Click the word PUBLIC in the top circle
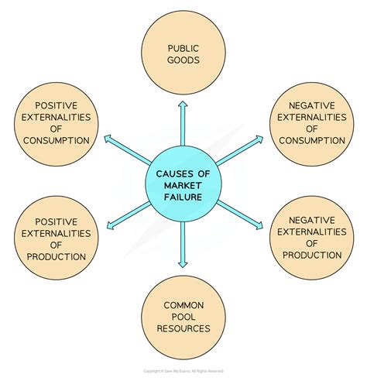(x=183, y=49)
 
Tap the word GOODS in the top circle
(x=183, y=60)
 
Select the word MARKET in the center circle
(x=183, y=185)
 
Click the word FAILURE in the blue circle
(x=183, y=197)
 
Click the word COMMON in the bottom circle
(x=183, y=305)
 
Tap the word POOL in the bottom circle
(x=183, y=317)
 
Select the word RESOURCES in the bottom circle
(x=183, y=328)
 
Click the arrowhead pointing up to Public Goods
(x=183, y=105)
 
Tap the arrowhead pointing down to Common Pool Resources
(x=183, y=264)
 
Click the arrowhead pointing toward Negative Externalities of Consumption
(x=259, y=139)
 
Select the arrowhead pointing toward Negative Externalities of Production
(x=259, y=225)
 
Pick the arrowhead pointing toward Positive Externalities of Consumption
(x=108, y=139)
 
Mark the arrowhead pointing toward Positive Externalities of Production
(x=111, y=225)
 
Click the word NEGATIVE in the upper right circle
(x=312, y=105)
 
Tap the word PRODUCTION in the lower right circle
(x=312, y=256)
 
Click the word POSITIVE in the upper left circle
(x=57, y=105)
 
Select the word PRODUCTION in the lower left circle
(x=57, y=257)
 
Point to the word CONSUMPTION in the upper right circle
(x=312, y=141)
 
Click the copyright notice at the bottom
(x=183, y=371)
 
